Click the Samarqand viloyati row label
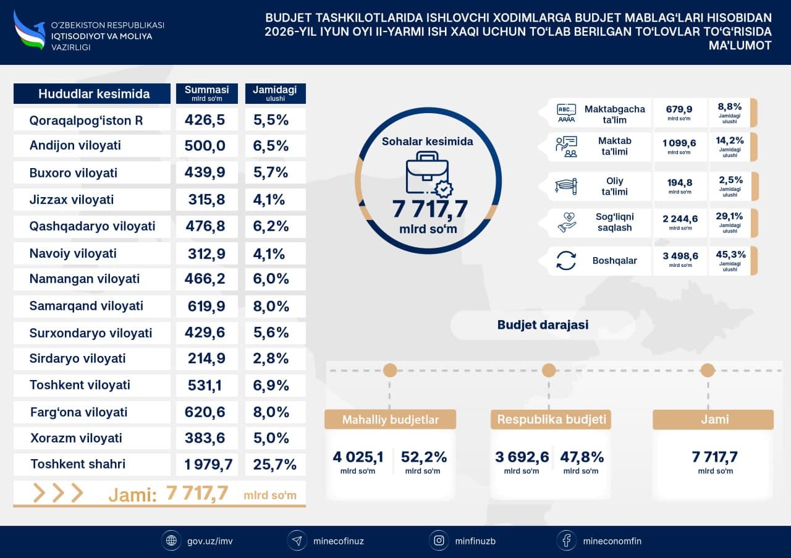click(86, 306)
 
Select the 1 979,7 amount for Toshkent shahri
click(208, 465)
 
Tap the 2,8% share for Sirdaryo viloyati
click(271, 358)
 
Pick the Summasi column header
click(207, 93)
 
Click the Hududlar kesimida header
click(94, 94)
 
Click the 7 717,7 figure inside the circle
click(429, 209)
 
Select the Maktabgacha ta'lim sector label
click(615, 114)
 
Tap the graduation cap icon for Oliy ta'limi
click(567, 186)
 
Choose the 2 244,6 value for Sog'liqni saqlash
click(680, 219)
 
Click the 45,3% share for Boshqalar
click(730, 255)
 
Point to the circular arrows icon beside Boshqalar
click(566, 261)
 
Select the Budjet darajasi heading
click(543, 325)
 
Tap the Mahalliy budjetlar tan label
click(390, 420)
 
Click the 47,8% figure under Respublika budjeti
click(582, 457)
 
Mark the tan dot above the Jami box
click(708, 371)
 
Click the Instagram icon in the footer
click(439, 540)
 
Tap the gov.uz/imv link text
click(209, 541)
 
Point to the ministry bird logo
click(29, 30)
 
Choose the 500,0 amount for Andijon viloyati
click(205, 145)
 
